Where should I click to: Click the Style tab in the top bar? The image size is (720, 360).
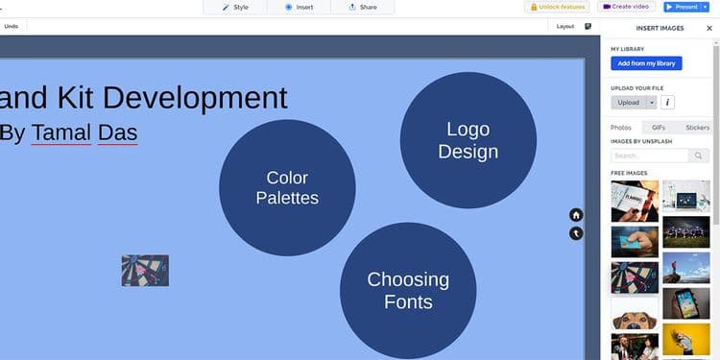pyautogui.click(x=234, y=7)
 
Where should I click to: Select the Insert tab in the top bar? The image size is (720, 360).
pyautogui.click(x=299, y=7)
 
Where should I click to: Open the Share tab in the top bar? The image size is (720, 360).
pyautogui.click(x=362, y=7)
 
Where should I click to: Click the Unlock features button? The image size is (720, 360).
pyautogui.click(x=557, y=7)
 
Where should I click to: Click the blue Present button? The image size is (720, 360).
pyautogui.click(x=681, y=7)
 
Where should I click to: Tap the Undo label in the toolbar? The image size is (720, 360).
pyautogui.click(x=12, y=26)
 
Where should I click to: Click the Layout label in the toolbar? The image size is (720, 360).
pyautogui.click(x=565, y=26)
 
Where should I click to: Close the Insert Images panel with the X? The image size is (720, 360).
pyautogui.click(x=709, y=28)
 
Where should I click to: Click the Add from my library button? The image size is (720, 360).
pyautogui.click(x=646, y=63)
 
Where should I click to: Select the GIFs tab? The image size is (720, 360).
pyautogui.click(x=659, y=127)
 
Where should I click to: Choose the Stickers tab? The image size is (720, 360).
pyautogui.click(x=697, y=127)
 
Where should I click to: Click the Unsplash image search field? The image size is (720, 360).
pyautogui.click(x=649, y=156)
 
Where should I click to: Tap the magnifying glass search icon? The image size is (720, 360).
pyautogui.click(x=699, y=156)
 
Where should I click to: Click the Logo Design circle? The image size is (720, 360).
pyautogui.click(x=468, y=140)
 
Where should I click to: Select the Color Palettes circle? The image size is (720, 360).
pyautogui.click(x=287, y=187)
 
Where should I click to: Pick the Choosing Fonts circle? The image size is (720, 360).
pyautogui.click(x=408, y=290)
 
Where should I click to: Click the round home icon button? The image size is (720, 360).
pyautogui.click(x=576, y=215)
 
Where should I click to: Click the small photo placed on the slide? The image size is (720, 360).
pyautogui.click(x=145, y=270)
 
